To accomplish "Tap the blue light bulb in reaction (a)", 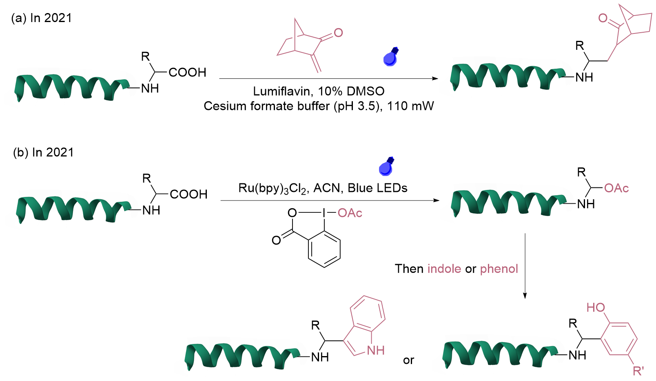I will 390,58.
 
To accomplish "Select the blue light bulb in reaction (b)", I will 386,167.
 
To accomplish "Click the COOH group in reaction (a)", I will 187,73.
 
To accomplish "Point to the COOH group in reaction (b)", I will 188,194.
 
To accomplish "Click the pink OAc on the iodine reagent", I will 350,213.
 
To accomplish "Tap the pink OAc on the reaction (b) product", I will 616,188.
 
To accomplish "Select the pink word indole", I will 444,269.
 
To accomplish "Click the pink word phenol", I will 499,269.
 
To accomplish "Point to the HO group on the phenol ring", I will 596,307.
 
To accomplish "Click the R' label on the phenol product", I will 638,371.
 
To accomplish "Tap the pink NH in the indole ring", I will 375,350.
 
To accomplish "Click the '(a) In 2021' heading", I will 42,18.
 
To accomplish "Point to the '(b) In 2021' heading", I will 43,152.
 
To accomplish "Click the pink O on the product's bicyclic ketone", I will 603,18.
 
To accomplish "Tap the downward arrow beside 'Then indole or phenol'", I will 525,265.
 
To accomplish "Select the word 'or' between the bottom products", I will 408,360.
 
